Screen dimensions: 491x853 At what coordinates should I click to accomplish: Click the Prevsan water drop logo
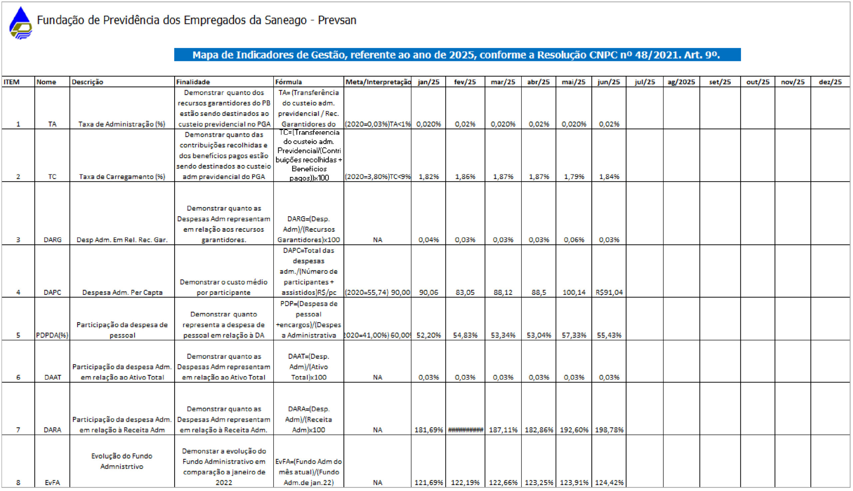click(21, 23)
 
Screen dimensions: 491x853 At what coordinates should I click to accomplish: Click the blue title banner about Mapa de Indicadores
click(457, 55)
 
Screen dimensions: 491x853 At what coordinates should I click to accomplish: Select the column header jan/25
click(428, 82)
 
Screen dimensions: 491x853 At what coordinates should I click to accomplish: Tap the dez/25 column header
click(830, 82)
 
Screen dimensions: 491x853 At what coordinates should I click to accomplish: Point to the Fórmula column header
click(288, 82)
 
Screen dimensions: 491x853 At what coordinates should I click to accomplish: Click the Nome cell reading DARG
click(52, 240)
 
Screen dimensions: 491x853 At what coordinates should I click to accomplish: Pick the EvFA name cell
click(52, 483)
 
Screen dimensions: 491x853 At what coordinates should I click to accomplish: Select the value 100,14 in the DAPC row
click(573, 292)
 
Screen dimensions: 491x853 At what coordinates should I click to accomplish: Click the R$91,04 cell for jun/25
click(609, 292)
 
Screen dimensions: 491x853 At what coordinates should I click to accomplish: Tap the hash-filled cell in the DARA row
click(465, 430)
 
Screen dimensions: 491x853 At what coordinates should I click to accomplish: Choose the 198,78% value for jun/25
click(609, 430)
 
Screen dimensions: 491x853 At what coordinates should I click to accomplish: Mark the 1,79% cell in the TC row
click(573, 177)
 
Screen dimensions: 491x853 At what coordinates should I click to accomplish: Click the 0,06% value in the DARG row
click(573, 240)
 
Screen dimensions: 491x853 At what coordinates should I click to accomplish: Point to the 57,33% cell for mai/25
click(573, 335)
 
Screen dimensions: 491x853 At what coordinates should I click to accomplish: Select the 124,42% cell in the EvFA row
click(609, 483)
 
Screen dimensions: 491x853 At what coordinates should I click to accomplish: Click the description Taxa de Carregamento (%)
click(122, 177)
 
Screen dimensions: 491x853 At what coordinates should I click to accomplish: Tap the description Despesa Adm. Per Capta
click(122, 292)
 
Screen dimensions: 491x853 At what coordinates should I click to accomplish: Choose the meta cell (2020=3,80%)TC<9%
click(378, 177)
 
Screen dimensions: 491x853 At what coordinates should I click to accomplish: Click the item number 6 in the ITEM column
click(18, 377)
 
